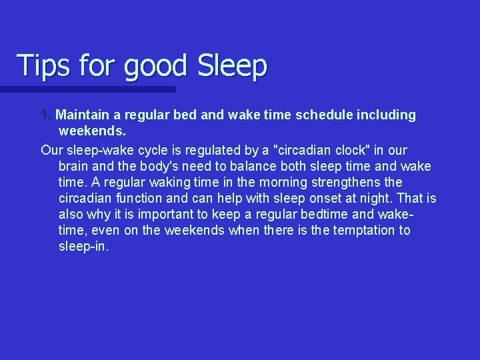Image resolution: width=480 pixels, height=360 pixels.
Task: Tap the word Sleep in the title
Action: click(233, 66)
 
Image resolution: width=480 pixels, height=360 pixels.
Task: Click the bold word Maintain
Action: click(83, 115)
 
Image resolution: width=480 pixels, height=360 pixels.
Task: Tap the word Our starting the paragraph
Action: click(51, 150)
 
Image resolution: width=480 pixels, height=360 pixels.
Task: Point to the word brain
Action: click(74, 166)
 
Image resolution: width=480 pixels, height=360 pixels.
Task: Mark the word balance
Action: click(253, 166)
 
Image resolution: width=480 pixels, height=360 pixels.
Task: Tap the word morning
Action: click(273, 182)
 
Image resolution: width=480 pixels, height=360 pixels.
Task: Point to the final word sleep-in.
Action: click(83, 246)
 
